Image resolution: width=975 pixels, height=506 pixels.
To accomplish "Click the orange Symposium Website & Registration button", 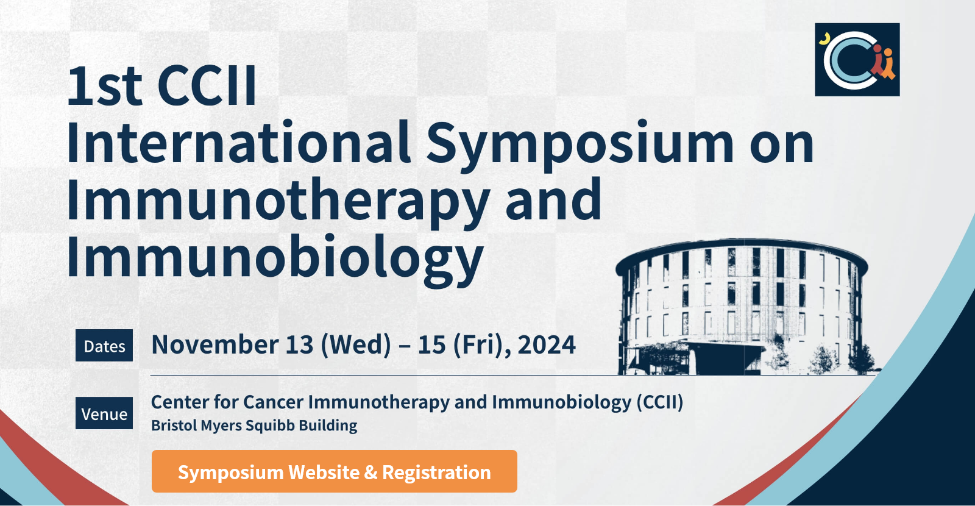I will point(334,471).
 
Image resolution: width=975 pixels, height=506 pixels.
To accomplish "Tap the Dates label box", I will point(104,346).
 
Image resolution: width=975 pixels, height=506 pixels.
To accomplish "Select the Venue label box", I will point(104,413).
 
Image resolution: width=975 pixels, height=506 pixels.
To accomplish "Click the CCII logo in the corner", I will point(857,60).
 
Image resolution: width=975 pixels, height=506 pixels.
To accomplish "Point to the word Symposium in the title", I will point(580,144).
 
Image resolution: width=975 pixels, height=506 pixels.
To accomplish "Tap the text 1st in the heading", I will point(104,87).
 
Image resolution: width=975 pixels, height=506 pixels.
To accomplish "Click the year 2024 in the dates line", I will point(546,345).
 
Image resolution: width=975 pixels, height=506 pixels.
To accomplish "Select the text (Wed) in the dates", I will point(356,345).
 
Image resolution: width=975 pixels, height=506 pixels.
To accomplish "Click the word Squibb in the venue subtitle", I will point(270,426).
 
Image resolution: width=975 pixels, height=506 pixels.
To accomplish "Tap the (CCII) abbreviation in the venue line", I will point(660,402).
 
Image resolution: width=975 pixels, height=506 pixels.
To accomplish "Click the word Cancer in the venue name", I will point(273,402).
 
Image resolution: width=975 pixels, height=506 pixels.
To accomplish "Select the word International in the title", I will point(238,144).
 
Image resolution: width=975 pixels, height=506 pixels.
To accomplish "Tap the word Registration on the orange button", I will point(436,472).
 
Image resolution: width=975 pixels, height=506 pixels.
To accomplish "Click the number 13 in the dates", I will point(299,345).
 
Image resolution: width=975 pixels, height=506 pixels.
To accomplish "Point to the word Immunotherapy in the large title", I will point(277,201).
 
